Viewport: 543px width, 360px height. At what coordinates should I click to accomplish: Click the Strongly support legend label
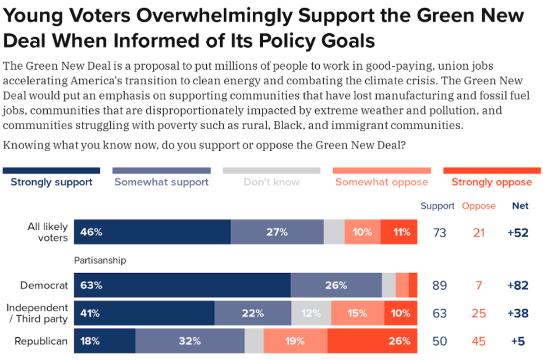52,182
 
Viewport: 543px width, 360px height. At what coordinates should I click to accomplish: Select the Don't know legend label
271,182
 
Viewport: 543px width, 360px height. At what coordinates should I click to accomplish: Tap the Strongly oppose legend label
491,182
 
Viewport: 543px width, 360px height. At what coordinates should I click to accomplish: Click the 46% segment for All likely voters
152,232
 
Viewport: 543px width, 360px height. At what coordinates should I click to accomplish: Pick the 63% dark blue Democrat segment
182,286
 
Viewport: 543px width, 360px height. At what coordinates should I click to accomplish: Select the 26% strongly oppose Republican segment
372,341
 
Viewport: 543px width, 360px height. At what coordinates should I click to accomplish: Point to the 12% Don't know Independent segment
311,313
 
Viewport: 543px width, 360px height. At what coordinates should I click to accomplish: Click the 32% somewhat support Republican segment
189,341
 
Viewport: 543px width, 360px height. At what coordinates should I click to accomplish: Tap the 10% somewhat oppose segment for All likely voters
362,232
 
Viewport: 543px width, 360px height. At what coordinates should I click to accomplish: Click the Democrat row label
44,286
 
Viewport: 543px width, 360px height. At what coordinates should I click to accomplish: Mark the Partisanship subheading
100,260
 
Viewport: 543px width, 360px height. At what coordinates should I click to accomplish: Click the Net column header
520,206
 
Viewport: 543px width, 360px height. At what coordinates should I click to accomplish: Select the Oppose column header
479,206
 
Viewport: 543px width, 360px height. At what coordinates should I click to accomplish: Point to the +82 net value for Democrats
518,286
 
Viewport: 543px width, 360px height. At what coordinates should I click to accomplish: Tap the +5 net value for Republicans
518,341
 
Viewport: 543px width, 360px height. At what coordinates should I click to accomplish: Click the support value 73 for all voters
439,233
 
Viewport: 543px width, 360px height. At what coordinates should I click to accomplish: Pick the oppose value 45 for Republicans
479,341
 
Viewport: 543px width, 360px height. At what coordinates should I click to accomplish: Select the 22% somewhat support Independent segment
253,313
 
